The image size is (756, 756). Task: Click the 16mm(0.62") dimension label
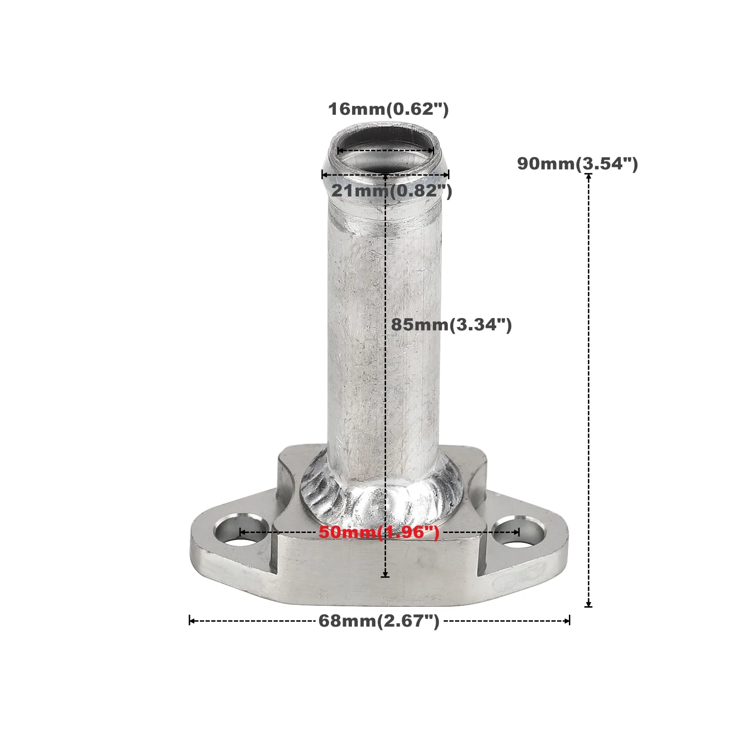388,109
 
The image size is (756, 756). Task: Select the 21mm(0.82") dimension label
392,191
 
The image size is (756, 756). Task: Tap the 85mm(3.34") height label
451,325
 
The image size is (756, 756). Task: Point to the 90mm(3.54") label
577,164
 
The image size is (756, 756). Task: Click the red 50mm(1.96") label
379,532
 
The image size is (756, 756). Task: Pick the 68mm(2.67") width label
379,620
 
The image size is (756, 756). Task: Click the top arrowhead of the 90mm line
588,176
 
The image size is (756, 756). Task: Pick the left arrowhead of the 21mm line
324,175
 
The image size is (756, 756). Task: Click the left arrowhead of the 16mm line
339,151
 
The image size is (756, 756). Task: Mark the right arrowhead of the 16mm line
432,151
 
